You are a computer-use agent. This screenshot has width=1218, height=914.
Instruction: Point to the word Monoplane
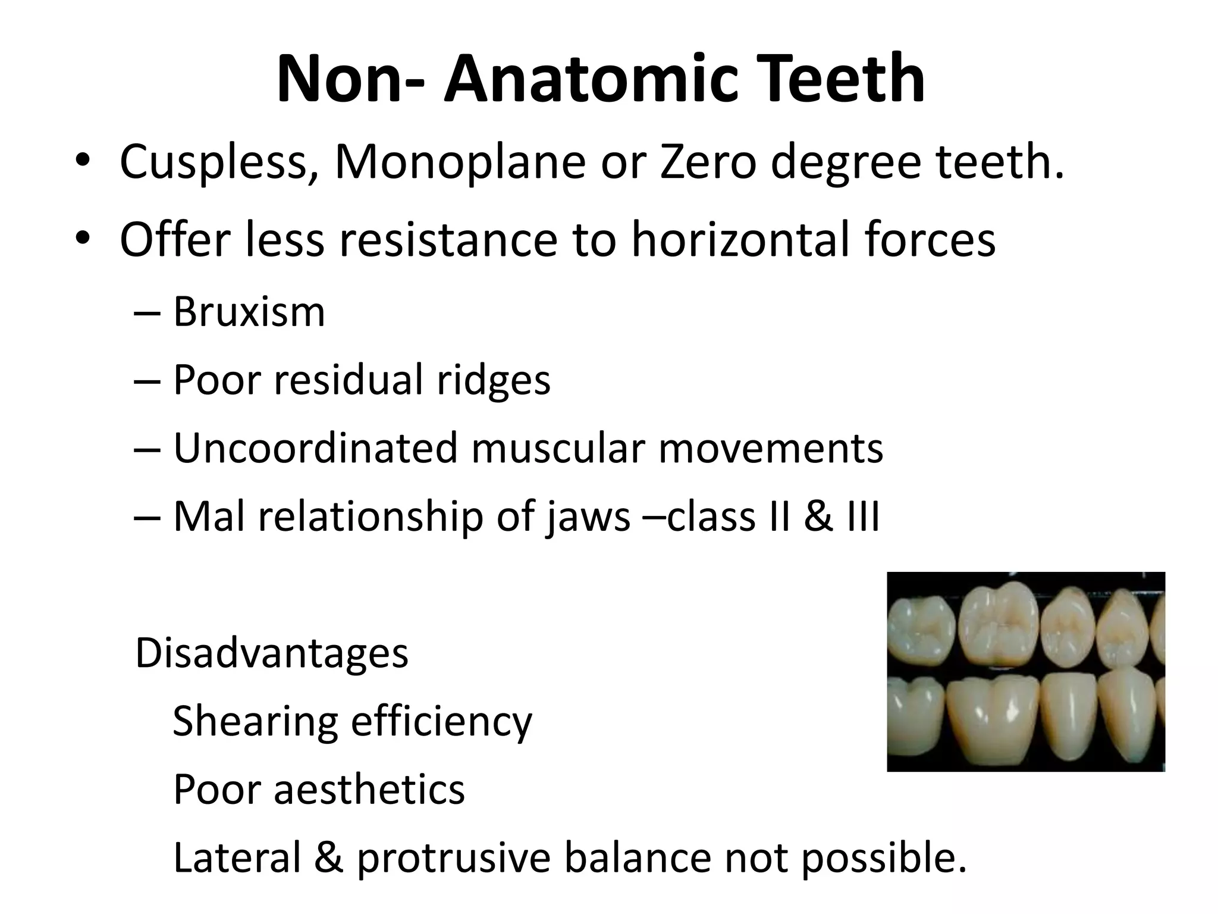click(460, 162)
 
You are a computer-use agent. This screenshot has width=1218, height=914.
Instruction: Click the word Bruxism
click(249, 311)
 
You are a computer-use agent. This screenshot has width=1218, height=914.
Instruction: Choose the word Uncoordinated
click(315, 448)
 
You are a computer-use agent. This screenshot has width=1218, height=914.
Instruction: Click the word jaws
click(587, 517)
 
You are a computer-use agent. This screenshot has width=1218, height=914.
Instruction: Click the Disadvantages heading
click(272, 653)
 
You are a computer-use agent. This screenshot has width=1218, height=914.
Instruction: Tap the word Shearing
click(254, 721)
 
